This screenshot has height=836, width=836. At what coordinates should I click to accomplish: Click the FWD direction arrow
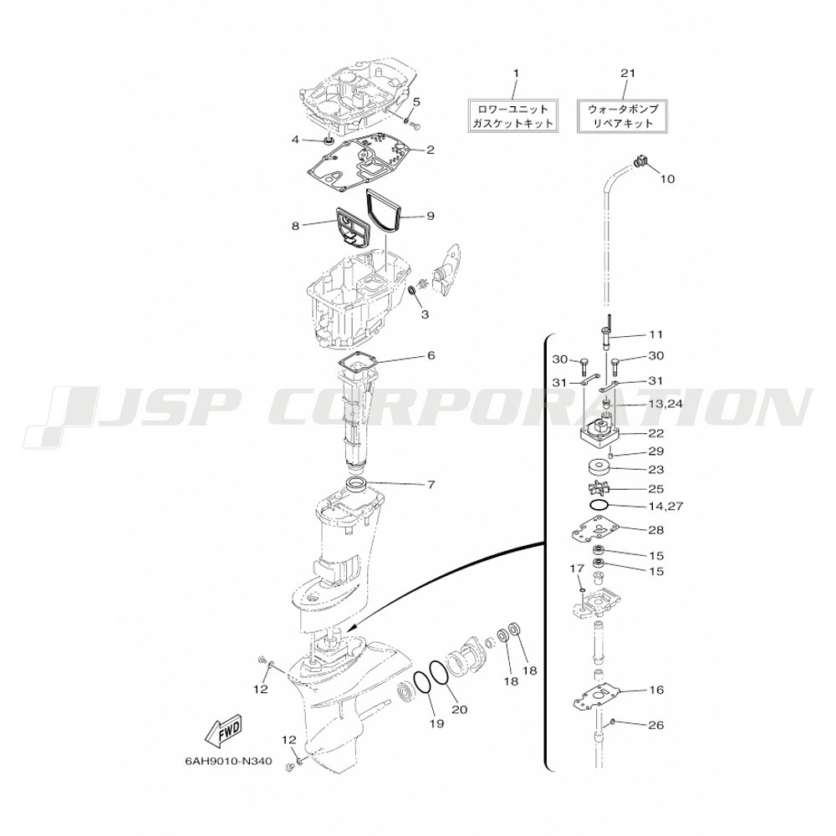tap(223, 731)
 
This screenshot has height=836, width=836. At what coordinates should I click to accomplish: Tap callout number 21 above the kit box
tap(628, 73)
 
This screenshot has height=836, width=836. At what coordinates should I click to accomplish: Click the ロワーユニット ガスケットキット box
tap(513, 115)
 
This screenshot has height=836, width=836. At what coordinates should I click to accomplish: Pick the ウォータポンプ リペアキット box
tap(622, 115)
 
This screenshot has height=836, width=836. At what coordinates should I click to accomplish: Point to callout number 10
tap(667, 179)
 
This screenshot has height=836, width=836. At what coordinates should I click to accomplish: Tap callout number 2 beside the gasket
tap(431, 150)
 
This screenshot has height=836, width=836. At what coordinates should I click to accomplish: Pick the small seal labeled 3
tap(411, 291)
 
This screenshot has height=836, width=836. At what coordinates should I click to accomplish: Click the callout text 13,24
tap(665, 404)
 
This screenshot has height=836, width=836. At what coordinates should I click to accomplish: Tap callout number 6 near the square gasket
tap(431, 355)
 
